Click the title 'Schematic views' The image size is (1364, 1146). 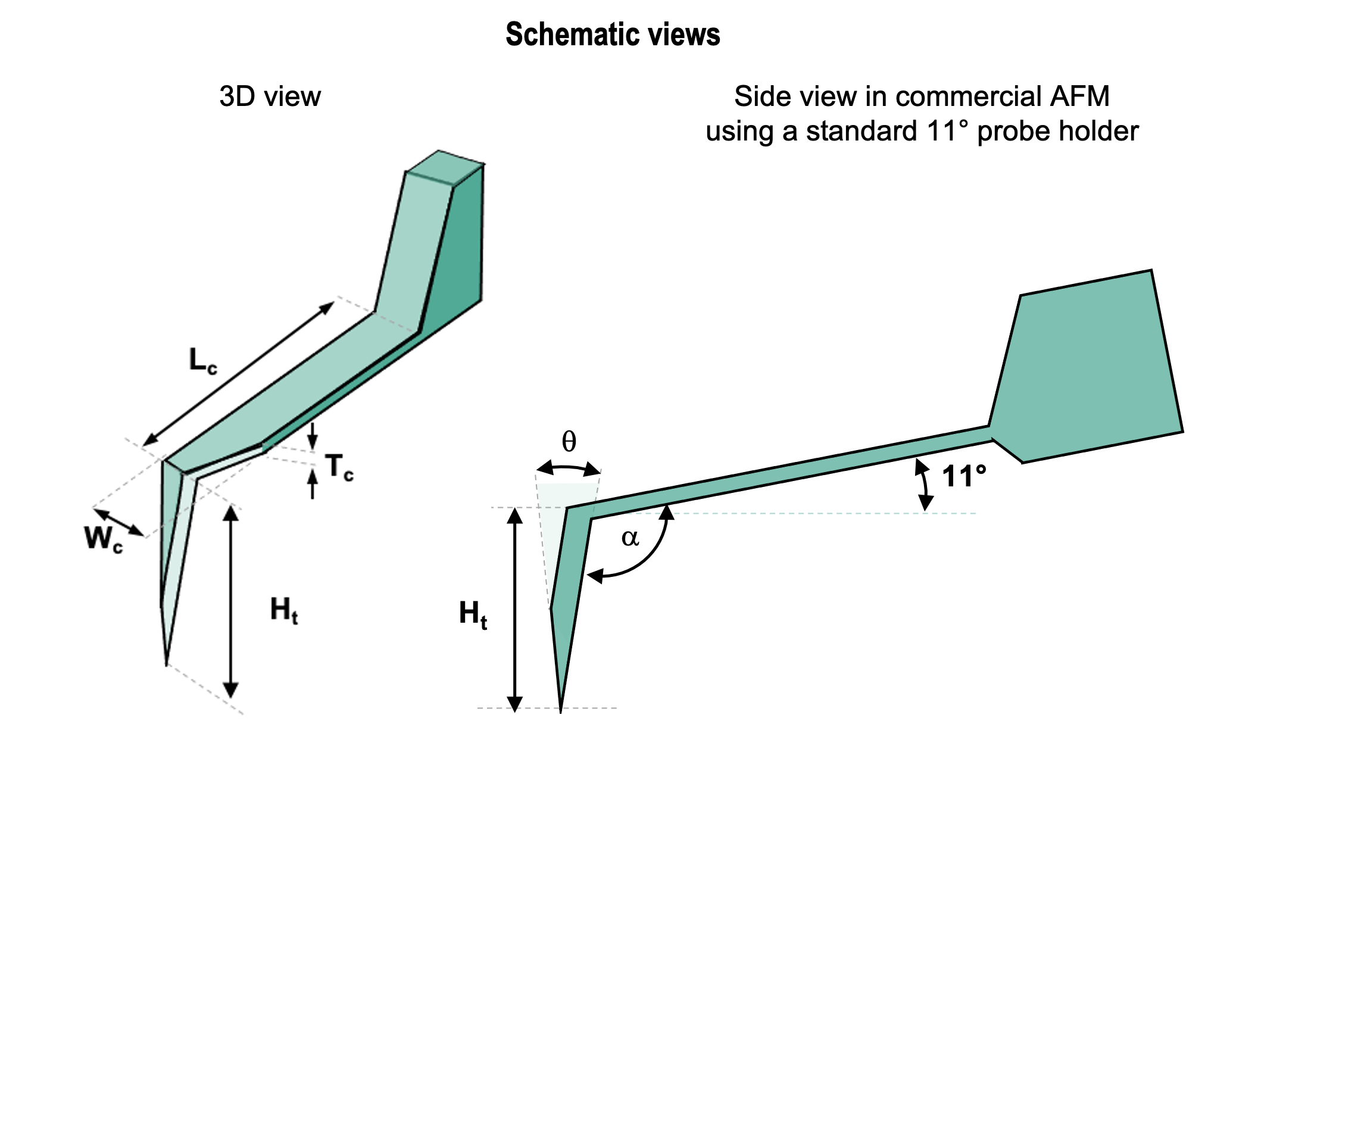click(x=612, y=35)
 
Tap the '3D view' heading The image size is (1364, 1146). click(x=270, y=97)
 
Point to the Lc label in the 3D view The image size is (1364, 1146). click(x=202, y=361)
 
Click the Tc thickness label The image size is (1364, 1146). click(x=339, y=467)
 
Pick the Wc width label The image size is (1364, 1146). click(x=102, y=539)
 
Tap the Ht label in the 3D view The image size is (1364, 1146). click(x=284, y=611)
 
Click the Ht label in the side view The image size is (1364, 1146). click(x=473, y=613)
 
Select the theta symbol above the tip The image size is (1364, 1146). click(x=569, y=442)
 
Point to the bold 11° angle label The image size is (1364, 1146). click(x=964, y=476)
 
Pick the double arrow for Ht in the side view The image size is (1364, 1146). click(x=514, y=610)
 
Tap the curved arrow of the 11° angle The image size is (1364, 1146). click(x=923, y=485)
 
